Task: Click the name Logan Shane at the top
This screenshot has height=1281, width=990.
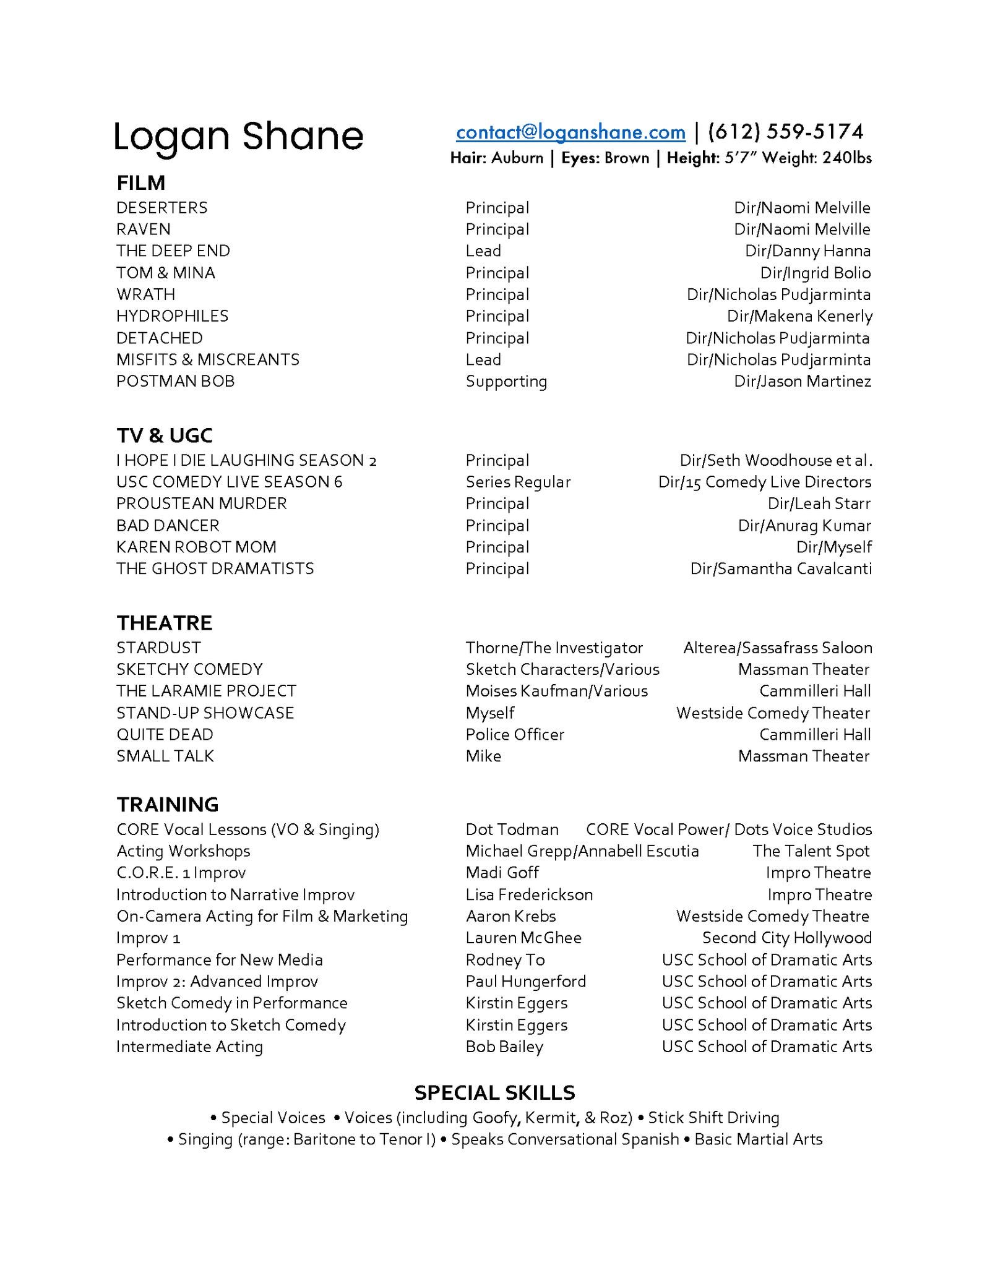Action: [x=238, y=137]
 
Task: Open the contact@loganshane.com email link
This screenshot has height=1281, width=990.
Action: [x=570, y=132]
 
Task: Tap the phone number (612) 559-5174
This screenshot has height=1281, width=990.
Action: [x=785, y=132]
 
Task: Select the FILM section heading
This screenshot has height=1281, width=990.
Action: [x=141, y=183]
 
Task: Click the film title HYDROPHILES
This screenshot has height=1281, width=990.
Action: [x=172, y=316]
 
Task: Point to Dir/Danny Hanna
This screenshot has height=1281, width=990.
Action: [x=807, y=251]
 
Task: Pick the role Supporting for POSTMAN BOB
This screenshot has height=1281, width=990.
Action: [x=506, y=382]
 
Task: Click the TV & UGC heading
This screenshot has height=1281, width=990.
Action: [x=165, y=435]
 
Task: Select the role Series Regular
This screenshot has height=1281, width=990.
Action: [x=518, y=482]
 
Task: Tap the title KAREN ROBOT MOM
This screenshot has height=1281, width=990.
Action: [x=196, y=547]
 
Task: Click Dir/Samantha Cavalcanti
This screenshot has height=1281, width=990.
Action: [x=781, y=568]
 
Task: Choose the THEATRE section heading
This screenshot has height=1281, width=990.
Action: [x=165, y=623]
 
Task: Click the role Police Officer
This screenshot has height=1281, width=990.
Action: [x=515, y=734]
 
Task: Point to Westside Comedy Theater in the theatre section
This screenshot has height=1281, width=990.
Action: [x=773, y=713]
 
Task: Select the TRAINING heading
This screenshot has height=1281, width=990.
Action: [x=168, y=804]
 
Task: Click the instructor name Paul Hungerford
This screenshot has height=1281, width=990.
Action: [x=526, y=981]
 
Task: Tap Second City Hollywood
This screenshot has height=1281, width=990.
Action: [x=787, y=938]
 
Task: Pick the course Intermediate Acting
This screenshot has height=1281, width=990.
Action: [x=189, y=1047]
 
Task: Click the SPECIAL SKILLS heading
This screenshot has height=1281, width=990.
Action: [x=495, y=1092]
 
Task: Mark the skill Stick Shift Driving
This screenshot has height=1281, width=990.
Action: [x=713, y=1118]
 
